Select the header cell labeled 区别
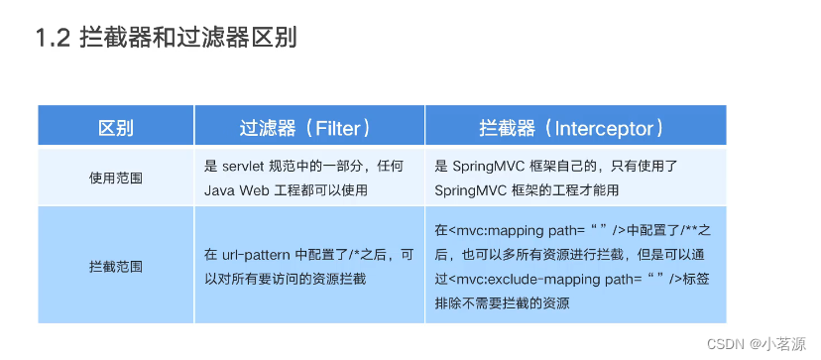click(115, 128)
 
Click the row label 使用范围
click(115, 178)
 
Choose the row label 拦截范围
click(115, 266)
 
